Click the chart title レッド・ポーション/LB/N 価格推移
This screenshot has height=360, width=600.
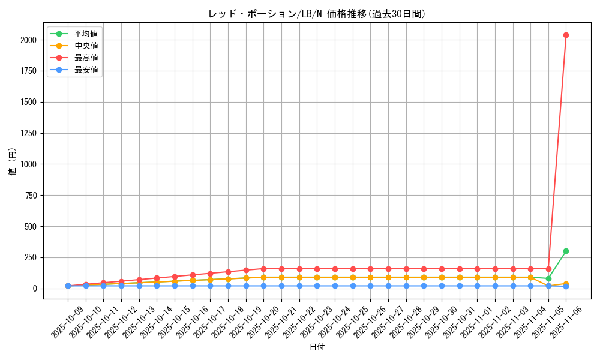tap(317, 14)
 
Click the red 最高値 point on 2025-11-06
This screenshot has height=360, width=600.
tap(566, 35)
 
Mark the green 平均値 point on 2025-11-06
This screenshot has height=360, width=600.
tap(566, 251)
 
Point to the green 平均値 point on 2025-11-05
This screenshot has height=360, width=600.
tap(548, 278)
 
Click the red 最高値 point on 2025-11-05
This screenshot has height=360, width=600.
tap(548, 269)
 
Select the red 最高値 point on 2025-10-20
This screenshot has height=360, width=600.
tap(263, 269)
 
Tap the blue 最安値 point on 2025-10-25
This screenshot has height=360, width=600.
tap(353, 286)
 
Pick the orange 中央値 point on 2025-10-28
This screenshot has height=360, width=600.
tap(406, 277)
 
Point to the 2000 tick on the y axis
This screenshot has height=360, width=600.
tap(28, 40)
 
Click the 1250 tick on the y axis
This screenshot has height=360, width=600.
tap(28, 133)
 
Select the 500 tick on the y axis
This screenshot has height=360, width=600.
tap(31, 226)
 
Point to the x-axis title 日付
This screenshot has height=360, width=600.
tap(317, 347)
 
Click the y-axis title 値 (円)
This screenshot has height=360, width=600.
tap(13, 162)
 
